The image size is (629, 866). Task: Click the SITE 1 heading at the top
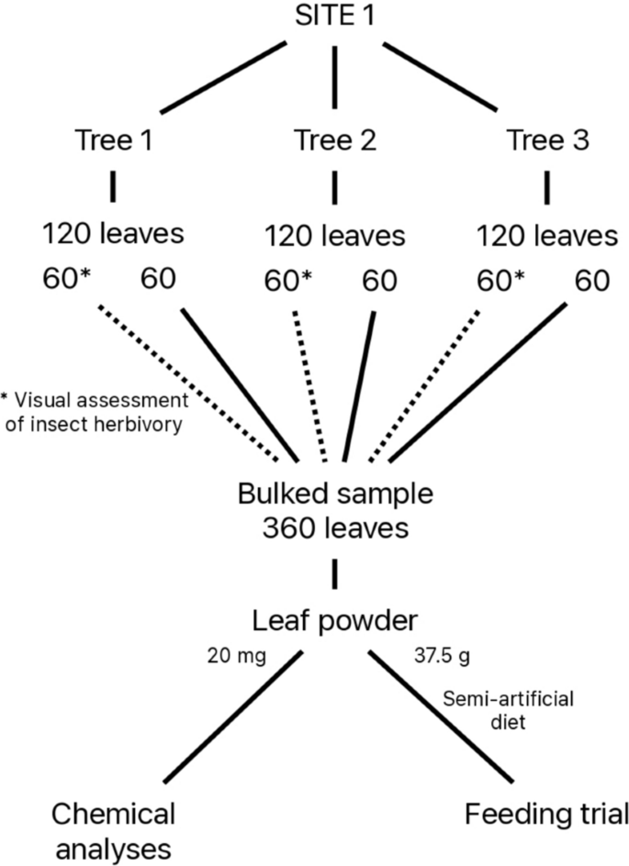coord(334,16)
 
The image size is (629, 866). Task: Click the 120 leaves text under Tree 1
coord(113,233)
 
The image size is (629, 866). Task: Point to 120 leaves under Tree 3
coord(547,236)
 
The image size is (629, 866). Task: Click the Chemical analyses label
coord(113,829)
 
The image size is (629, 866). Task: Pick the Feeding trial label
coord(547,813)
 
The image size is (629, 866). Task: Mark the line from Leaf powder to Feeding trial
coord(441,717)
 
